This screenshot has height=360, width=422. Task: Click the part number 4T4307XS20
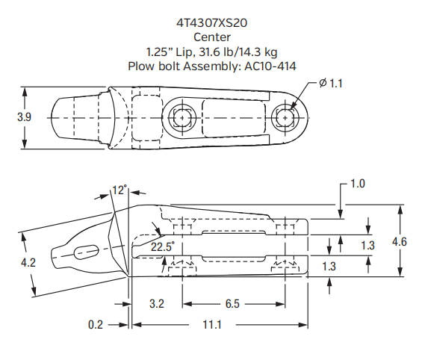tap(212, 22)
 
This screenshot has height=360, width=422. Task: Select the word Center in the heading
tap(212, 37)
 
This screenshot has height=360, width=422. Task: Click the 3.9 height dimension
tap(25, 117)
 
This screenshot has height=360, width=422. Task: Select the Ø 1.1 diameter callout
tap(330, 84)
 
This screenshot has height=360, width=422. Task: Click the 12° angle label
tap(120, 190)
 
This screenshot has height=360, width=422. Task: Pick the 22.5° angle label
tap(162, 245)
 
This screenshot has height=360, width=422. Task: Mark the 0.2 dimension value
tap(96, 325)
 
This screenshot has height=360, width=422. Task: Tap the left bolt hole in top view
tap(181, 117)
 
